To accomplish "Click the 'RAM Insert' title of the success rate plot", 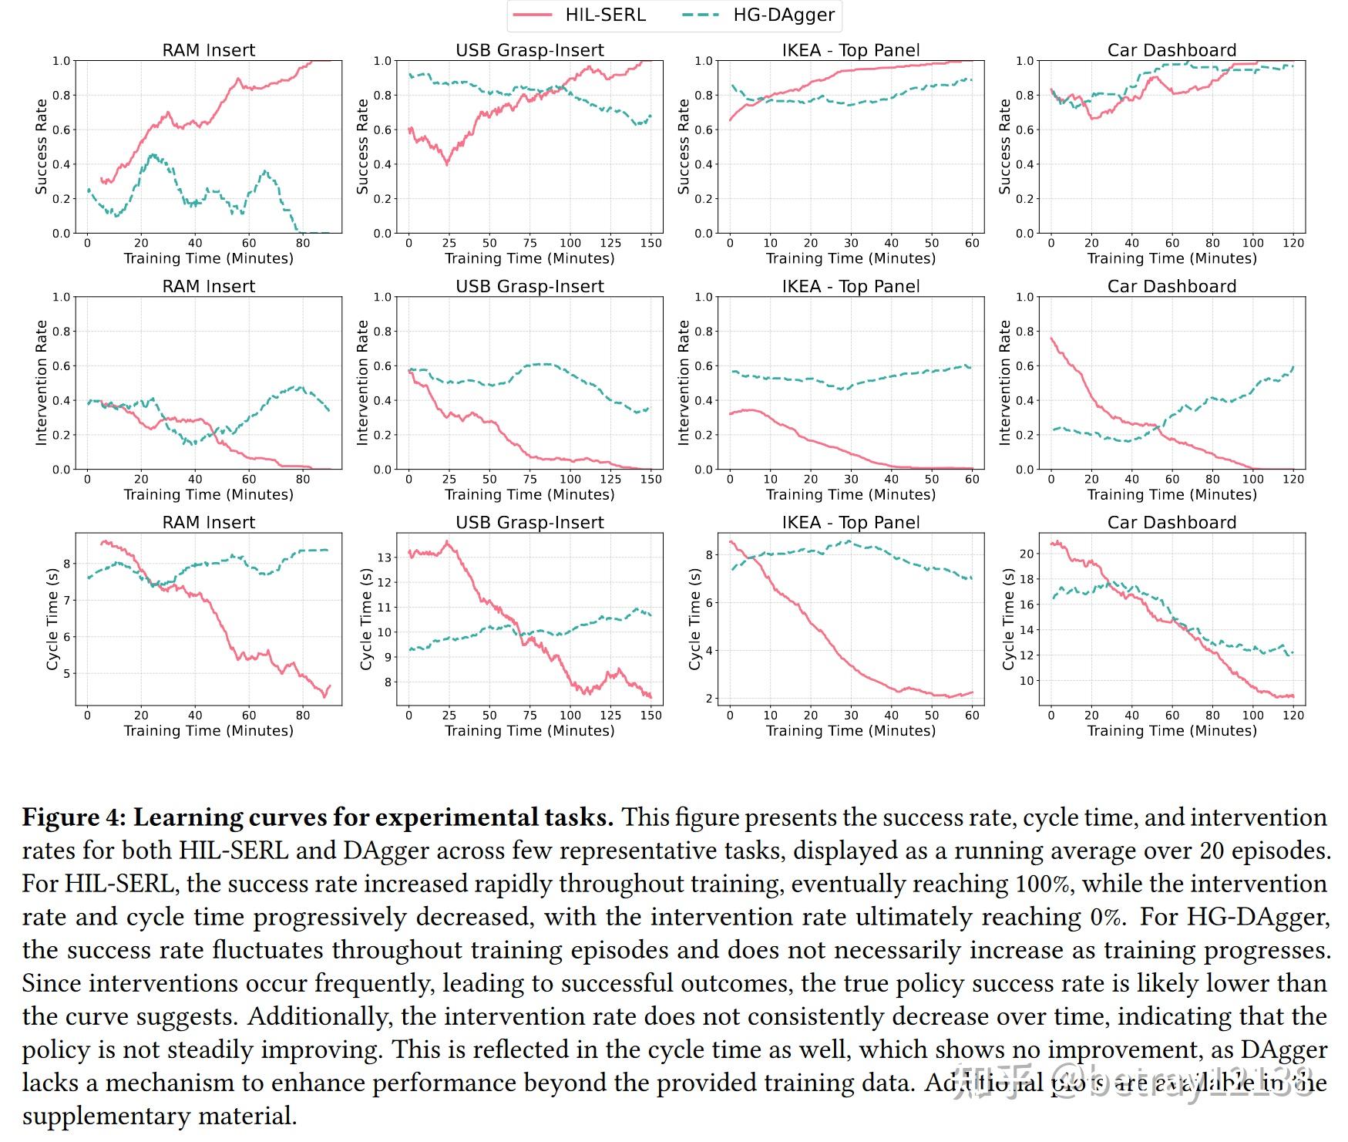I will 208,50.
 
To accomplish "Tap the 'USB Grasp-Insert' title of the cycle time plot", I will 529,522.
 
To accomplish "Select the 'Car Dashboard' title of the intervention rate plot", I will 1172,286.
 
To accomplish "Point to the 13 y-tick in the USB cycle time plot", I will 384,557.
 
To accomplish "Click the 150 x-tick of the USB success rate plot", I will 651,243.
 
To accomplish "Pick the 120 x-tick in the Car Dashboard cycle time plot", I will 1293,715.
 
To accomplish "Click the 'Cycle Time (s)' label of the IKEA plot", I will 694,619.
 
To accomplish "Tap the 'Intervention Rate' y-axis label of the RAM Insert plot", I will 42,383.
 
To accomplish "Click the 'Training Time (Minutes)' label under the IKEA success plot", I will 850,258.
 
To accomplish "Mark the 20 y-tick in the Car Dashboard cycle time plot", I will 1026,554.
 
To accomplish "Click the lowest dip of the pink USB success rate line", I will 447,164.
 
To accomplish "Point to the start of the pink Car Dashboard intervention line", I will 1051,338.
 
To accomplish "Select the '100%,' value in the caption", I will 1043,884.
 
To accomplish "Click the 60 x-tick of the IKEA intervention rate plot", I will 973,479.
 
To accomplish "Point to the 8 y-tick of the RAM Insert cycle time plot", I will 67,564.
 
